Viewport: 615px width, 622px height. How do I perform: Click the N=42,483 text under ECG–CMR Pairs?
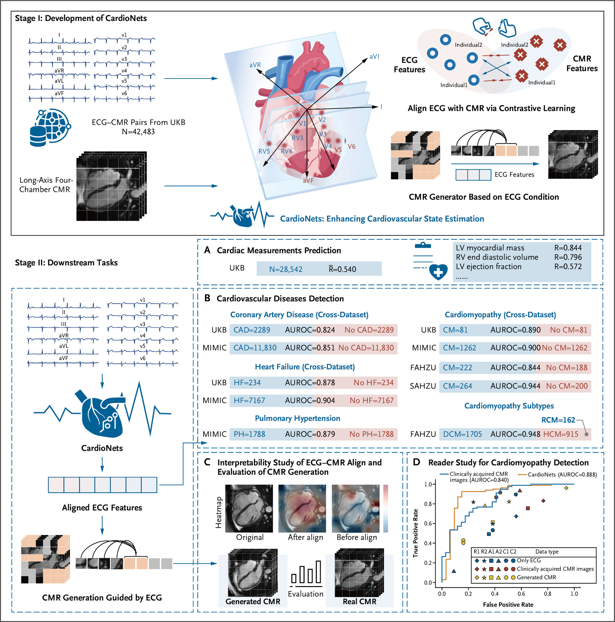[138, 132]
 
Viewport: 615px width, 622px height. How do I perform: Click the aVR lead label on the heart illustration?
[255, 65]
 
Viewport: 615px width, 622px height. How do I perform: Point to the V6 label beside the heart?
[351, 146]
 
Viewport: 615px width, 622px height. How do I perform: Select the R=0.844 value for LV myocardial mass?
[568, 248]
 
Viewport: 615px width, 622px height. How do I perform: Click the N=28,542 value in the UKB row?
[286, 269]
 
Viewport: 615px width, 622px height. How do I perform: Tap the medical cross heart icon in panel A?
[438, 272]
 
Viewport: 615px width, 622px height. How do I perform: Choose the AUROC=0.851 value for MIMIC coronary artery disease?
[310, 348]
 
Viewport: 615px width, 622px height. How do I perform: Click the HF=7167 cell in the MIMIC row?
[249, 400]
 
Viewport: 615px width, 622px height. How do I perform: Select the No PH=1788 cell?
[371, 434]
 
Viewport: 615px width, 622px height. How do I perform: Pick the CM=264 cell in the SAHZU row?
[457, 386]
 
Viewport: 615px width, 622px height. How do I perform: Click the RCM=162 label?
[558, 420]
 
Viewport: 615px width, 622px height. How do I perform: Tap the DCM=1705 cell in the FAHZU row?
[462, 434]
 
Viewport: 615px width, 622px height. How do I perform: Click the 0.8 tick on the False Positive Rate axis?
[547, 594]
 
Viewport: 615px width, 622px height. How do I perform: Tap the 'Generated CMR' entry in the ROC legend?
[536, 577]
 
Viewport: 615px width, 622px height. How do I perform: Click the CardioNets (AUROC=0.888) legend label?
[562, 474]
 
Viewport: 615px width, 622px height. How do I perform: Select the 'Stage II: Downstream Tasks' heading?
[66, 262]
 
